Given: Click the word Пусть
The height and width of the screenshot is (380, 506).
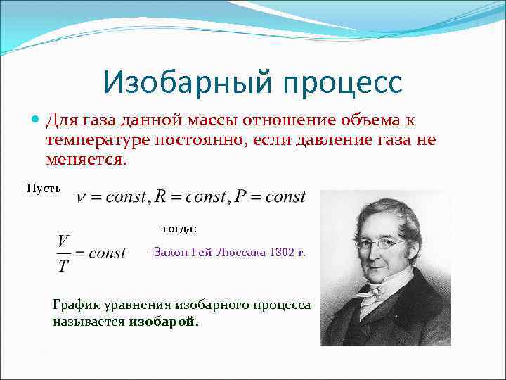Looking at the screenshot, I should pyautogui.click(x=44, y=188).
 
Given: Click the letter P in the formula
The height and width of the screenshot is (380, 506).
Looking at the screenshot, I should pyautogui.click(x=240, y=196).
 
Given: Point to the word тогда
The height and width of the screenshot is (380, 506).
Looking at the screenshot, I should pyautogui.click(x=179, y=228).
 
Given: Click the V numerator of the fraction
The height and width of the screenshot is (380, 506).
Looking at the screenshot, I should pyautogui.click(x=63, y=241).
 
